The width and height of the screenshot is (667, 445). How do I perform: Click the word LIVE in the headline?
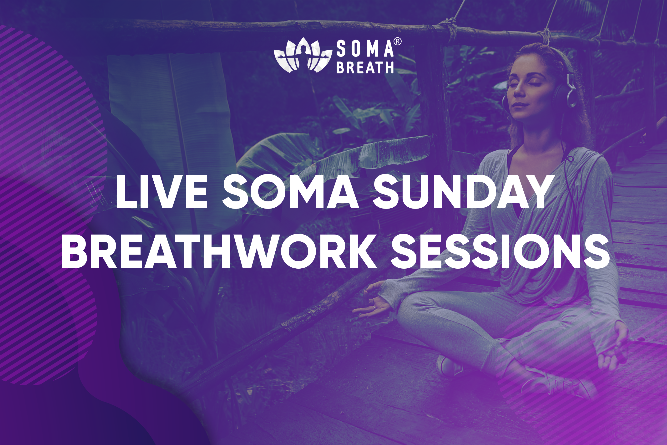click(x=162, y=192)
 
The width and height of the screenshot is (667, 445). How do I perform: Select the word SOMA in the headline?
click(x=290, y=192)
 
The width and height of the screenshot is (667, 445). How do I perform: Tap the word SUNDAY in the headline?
click(x=462, y=192)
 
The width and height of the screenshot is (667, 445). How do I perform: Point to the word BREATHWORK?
click(x=219, y=251)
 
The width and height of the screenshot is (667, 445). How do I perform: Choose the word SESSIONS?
click(x=501, y=251)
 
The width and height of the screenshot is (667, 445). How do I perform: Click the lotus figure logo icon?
click(x=303, y=55)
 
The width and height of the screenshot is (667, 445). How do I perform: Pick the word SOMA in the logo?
click(x=365, y=49)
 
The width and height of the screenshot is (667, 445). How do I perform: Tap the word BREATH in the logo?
click(x=365, y=67)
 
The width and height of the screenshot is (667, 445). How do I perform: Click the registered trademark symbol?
click(x=398, y=42)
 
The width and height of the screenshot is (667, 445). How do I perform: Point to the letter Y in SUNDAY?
click(x=536, y=192)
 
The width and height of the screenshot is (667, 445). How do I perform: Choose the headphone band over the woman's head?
click(x=564, y=61)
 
